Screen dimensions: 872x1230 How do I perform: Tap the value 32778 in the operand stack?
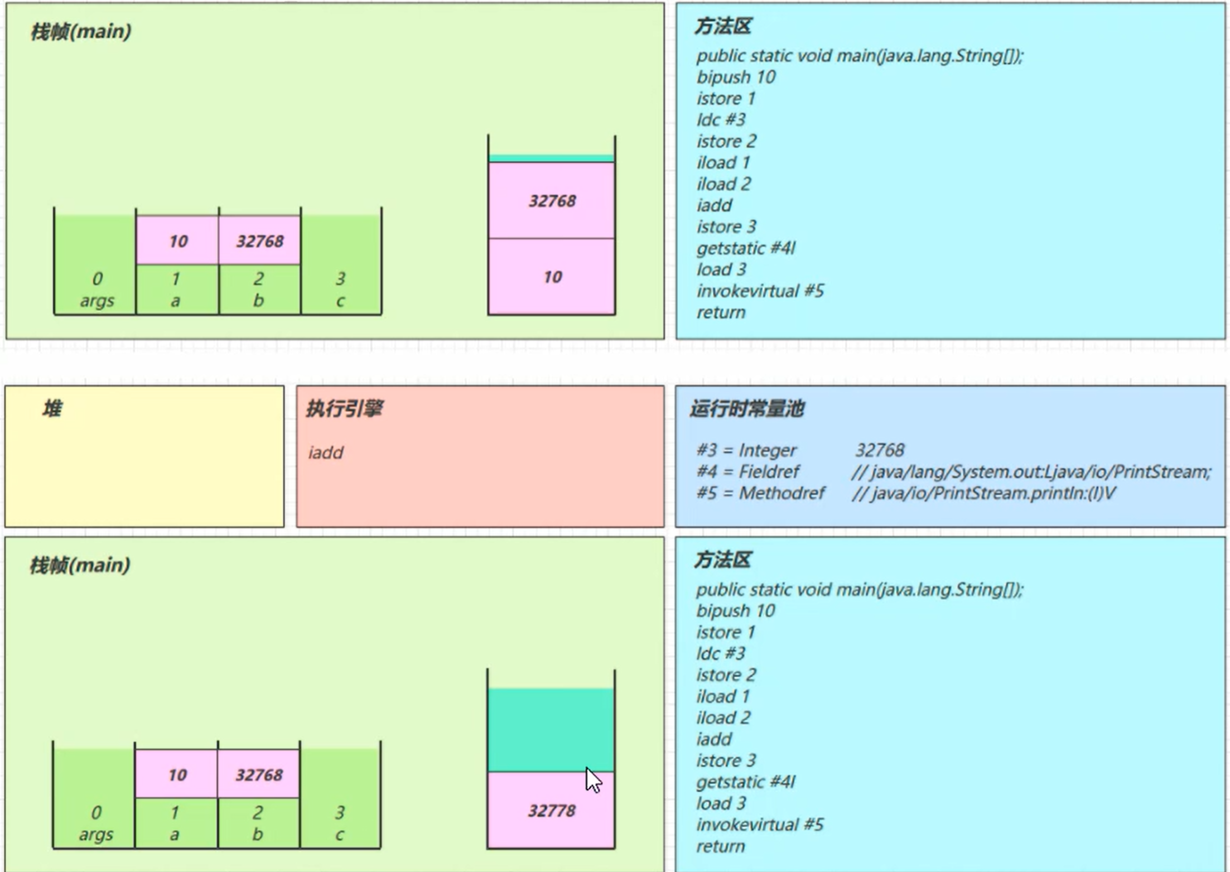(551, 810)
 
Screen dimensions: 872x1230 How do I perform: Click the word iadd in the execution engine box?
(326, 452)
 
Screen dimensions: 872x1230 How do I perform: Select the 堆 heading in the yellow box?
(52, 409)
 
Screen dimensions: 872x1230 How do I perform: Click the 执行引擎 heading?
(344, 409)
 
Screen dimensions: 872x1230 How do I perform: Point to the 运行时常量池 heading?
(747, 409)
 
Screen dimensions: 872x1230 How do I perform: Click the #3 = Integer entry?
(746, 450)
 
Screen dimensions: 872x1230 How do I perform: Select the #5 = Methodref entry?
(760, 493)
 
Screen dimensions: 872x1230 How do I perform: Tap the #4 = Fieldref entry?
(747, 472)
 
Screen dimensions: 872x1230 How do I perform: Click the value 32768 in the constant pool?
(880, 450)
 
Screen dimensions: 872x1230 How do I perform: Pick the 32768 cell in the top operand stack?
(552, 201)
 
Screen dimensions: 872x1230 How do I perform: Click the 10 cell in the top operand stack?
(552, 277)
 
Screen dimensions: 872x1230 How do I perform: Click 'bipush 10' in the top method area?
(736, 77)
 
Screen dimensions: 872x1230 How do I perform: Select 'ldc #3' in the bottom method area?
(720, 653)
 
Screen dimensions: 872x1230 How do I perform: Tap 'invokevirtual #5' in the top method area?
(760, 291)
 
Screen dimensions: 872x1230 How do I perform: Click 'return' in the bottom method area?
(720, 846)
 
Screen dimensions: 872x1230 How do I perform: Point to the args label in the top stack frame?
(97, 301)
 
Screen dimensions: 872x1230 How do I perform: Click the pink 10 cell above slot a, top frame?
(178, 241)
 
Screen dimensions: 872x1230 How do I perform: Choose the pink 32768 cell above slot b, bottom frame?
(259, 774)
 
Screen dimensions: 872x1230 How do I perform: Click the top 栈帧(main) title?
(81, 32)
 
